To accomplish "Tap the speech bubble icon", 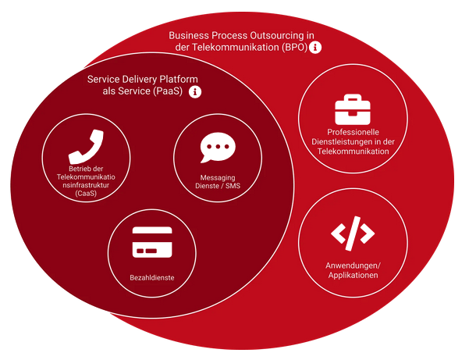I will coord(217,148).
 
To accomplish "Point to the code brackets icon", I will coord(353,233).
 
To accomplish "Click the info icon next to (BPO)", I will coord(316,48).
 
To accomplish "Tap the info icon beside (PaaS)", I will coord(196,92).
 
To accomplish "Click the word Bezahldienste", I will coord(151,277).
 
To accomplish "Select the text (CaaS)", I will coord(86,193).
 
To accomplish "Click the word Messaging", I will coord(217,178).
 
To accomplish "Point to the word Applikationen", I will coord(353,276).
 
